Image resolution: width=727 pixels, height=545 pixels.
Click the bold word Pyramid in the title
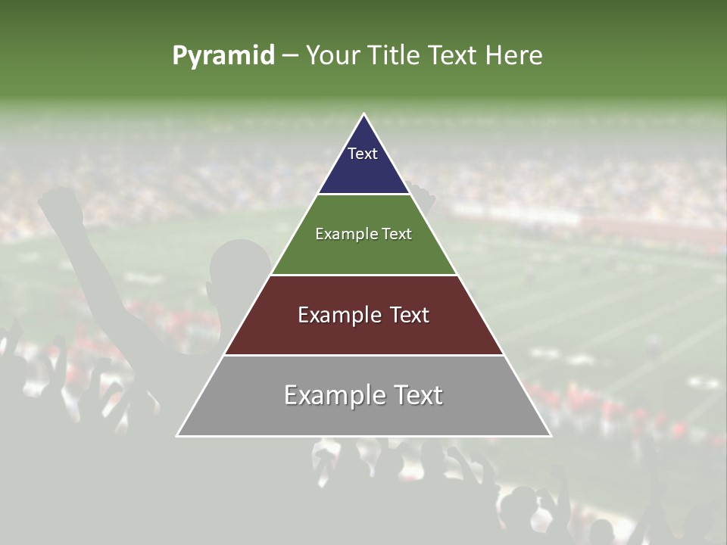(223, 56)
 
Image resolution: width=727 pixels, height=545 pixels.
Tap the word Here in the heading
(513, 56)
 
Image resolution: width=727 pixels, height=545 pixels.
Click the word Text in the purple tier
(363, 154)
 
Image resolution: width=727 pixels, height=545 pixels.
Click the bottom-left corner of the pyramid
(178, 435)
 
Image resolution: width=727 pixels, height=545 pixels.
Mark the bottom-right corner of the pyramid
(550, 435)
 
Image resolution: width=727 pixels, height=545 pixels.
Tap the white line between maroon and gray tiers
(363, 355)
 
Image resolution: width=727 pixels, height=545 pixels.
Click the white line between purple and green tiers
(363, 195)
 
